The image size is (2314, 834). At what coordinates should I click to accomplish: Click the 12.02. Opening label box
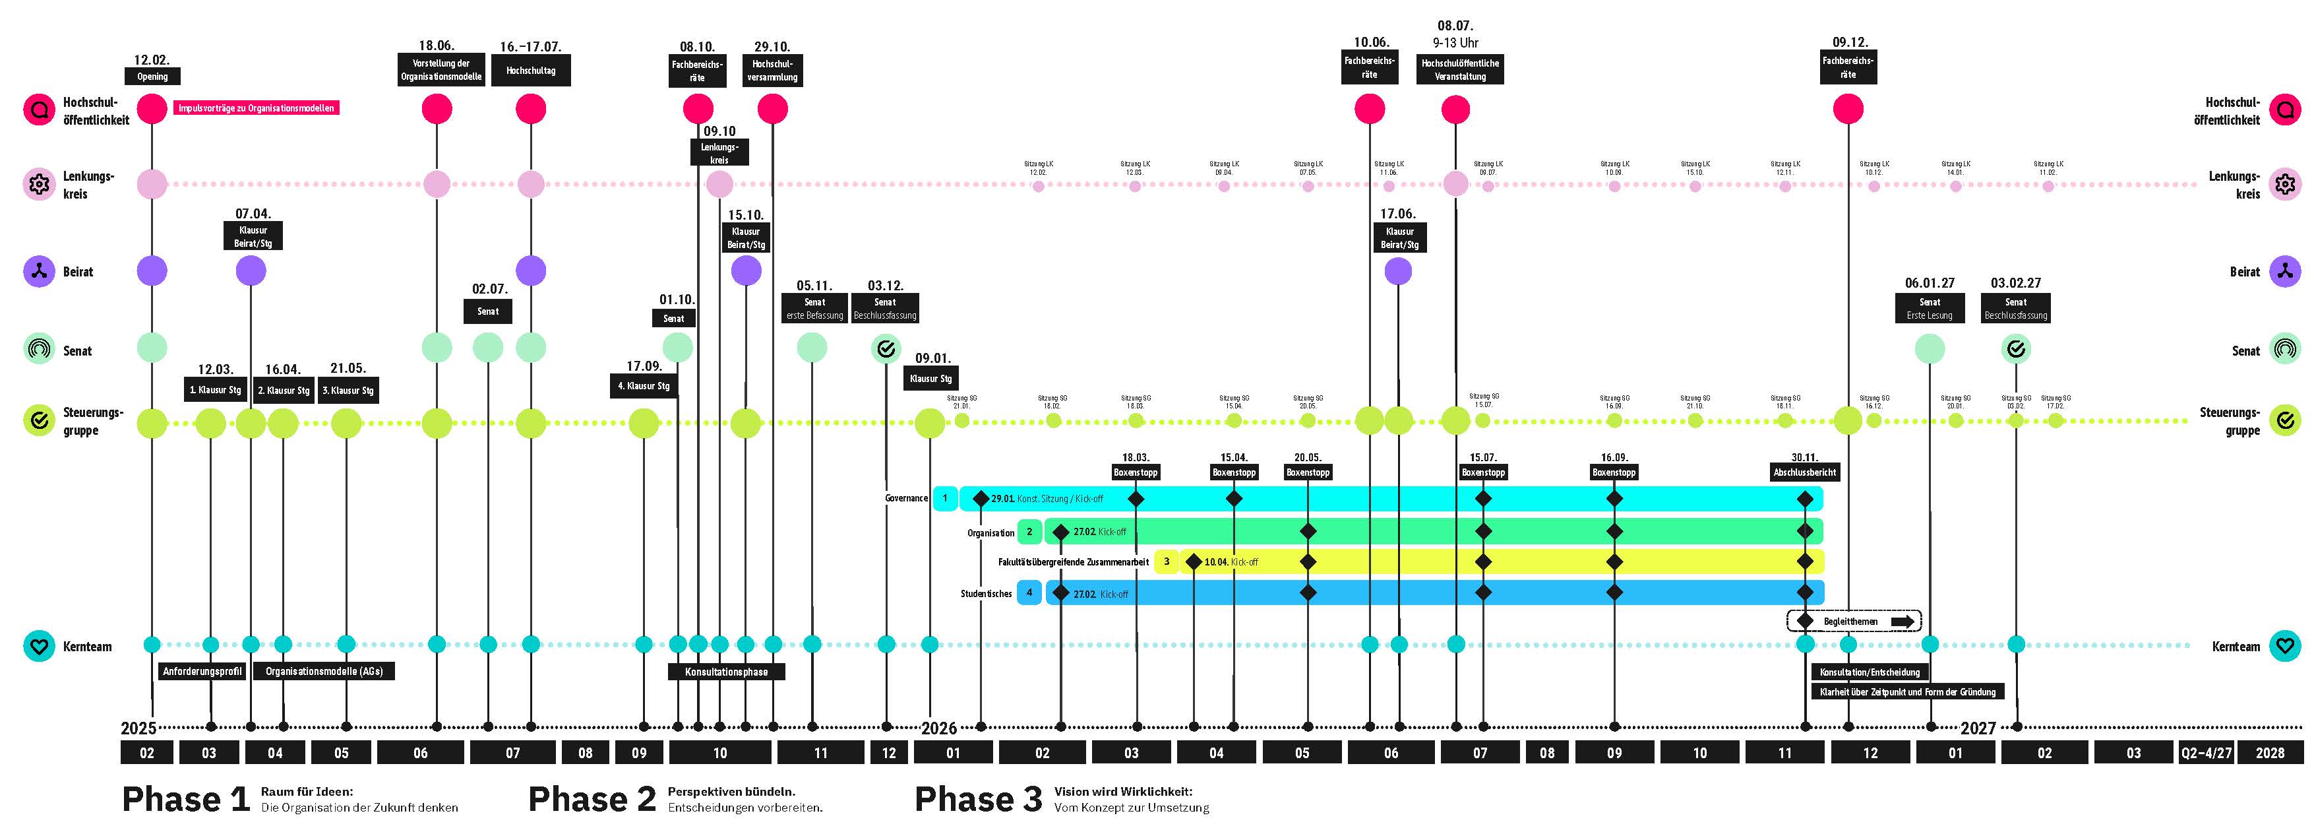pyautogui.click(x=152, y=77)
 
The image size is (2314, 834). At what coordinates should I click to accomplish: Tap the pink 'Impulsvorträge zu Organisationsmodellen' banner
pyautogui.click(x=256, y=108)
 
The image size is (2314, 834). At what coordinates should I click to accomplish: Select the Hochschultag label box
pyautogui.click(x=530, y=70)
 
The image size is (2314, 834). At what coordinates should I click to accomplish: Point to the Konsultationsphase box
pyautogui.click(x=726, y=671)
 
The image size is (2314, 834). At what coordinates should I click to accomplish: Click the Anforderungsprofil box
pyautogui.click(x=202, y=671)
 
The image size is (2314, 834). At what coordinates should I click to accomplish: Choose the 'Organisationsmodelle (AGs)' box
pyautogui.click(x=323, y=671)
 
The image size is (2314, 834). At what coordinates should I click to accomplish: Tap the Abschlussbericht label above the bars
pyautogui.click(x=1805, y=472)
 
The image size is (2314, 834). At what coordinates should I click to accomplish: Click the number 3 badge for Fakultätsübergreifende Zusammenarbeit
pyautogui.click(x=1166, y=561)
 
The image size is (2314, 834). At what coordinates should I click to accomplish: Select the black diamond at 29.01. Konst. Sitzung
pyautogui.click(x=981, y=498)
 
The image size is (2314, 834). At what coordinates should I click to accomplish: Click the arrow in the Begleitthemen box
pyautogui.click(x=1902, y=621)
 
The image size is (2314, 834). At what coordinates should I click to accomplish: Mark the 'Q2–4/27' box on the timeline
pyautogui.click(x=2205, y=752)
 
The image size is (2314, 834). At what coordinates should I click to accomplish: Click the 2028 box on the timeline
pyautogui.click(x=2269, y=752)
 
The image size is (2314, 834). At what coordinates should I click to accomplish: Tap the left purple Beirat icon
pyautogui.click(x=39, y=271)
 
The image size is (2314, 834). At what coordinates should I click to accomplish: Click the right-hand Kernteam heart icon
pyautogui.click(x=2285, y=645)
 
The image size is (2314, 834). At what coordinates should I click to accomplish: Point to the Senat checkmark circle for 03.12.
pyautogui.click(x=886, y=348)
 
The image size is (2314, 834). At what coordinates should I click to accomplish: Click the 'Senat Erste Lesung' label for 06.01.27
pyautogui.click(x=1930, y=308)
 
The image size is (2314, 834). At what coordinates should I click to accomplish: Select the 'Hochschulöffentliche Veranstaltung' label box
pyautogui.click(x=1460, y=69)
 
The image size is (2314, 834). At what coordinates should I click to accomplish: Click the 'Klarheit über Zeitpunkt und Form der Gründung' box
pyautogui.click(x=1907, y=692)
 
